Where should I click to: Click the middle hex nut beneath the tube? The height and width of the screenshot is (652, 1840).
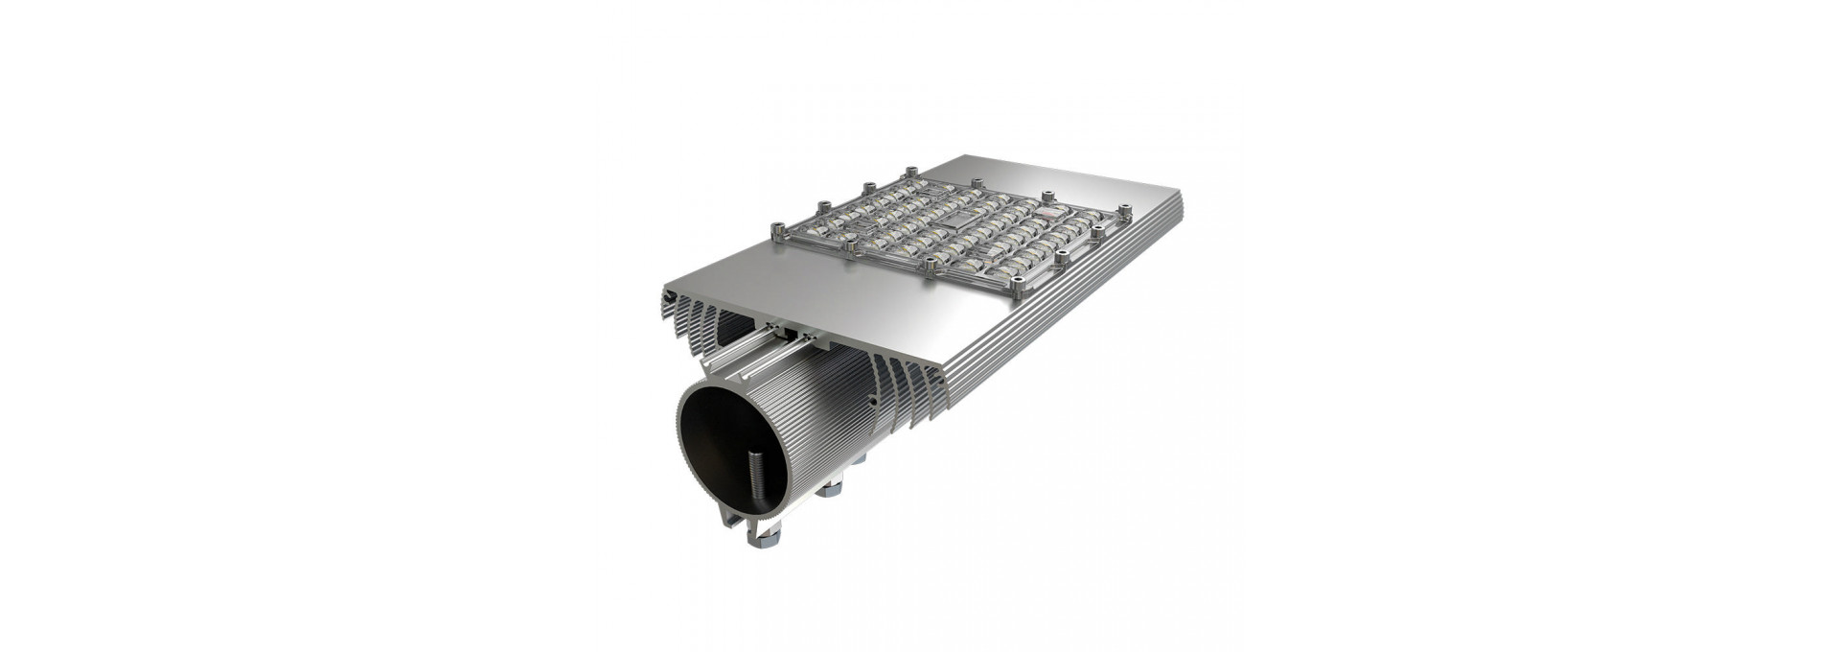point(830,488)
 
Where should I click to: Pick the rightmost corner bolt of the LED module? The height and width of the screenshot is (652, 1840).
point(1125,208)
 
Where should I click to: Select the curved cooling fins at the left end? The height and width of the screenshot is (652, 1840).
point(685,321)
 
